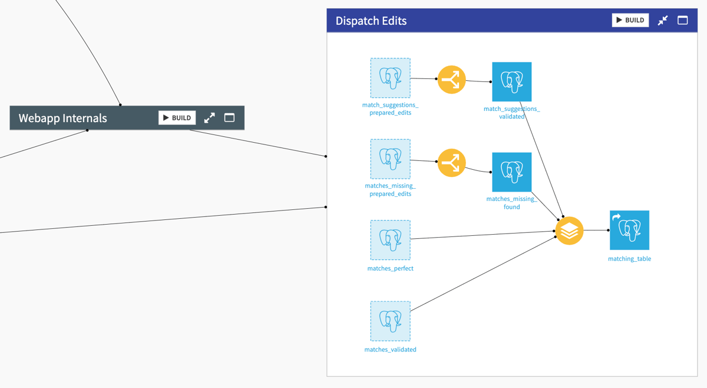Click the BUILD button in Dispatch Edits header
[630, 20]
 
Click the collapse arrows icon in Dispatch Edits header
[663, 20]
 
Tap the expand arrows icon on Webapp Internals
[210, 118]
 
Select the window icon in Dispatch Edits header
[682, 20]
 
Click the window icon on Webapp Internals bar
[229, 118]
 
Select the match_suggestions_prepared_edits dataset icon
[390, 78]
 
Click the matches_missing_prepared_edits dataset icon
[390, 159]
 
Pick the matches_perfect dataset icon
[390, 240]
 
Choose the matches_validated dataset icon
[390, 321]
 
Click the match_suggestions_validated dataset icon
[511, 82]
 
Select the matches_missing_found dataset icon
[511, 172]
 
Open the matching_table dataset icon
[629, 231]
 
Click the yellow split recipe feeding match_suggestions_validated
[451, 80]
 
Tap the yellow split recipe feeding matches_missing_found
[451, 162]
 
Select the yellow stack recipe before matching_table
[569, 231]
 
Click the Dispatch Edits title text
[371, 21]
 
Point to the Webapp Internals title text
[63, 118]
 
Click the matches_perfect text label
[390, 268]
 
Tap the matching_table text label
[629, 259]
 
